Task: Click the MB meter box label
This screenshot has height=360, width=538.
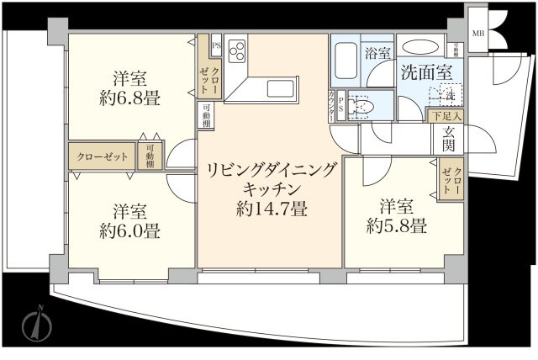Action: point(478,33)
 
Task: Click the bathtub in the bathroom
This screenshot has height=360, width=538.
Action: point(345,59)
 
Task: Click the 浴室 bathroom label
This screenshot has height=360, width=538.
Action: point(377,52)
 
